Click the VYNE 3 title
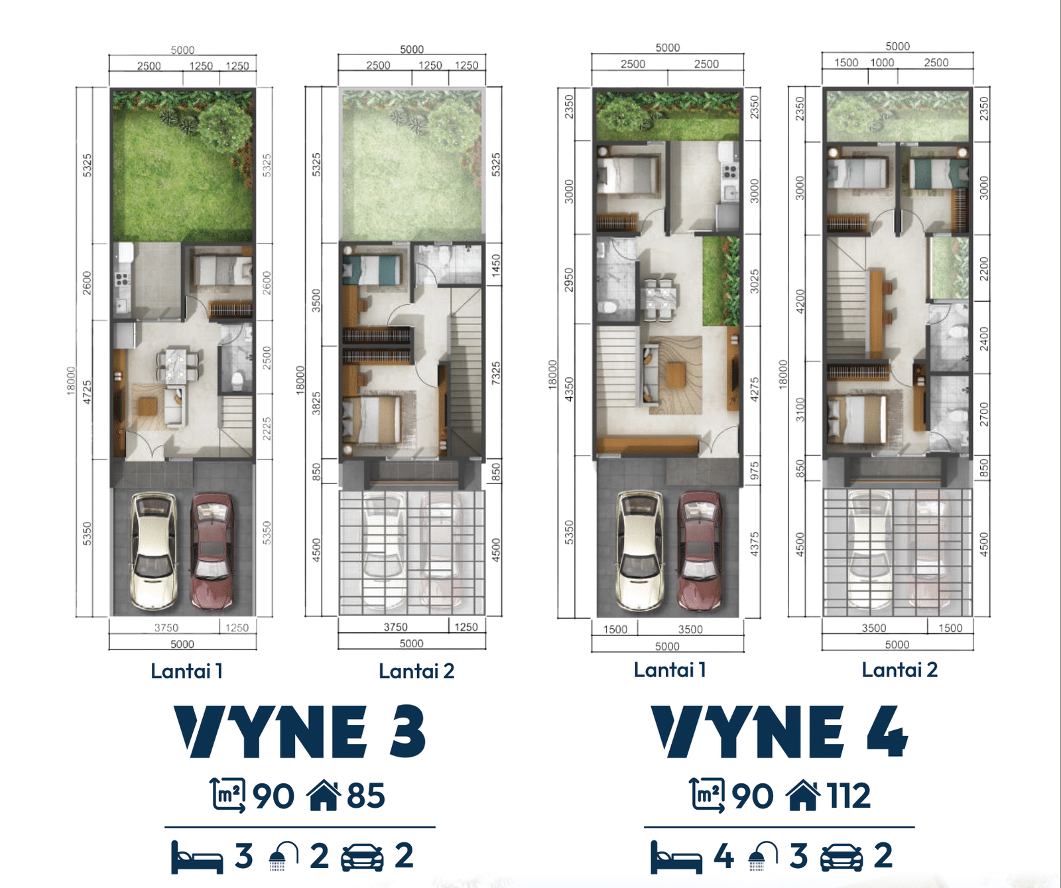pyautogui.click(x=300, y=731)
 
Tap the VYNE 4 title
pyautogui.click(x=779, y=731)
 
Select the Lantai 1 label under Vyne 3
pyautogui.click(x=186, y=671)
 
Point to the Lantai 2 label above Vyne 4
pyautogui.click(x=899, y=670)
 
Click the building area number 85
pyautogui.click(x=365, y=796)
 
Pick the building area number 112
pyautogui.click(x=848, y=796)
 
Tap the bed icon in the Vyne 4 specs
pyautogui.click(x=676, y=857)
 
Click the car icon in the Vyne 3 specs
pyautogui.click(x=362, y=857)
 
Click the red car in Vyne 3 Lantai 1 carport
pyautogui.click(x=212, y=550)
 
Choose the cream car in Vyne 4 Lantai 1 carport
pyautogui.click(x=639, y=550)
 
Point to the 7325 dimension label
pyautogui.click(x=496, y=373)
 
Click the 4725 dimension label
pyautogui.click(x=87, y=391)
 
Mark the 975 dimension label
pyautogui.click(x=754, y=472)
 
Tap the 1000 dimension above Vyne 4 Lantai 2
pyautogui.click(x=882, y=62)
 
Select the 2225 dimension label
pyautogui.click(x=267, y=429)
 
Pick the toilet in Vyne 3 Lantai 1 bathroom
pyautogui.click(x=237, y=380)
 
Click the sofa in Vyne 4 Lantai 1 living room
pyautogui.click(x=649, y=375)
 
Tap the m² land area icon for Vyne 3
pyautogui.click(x=228, y=794)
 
